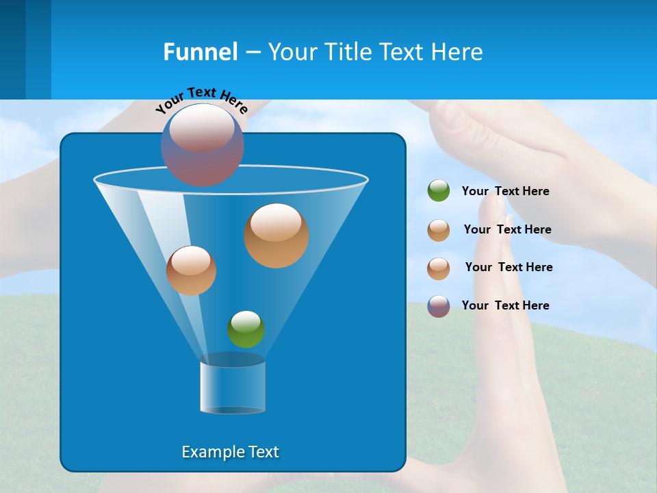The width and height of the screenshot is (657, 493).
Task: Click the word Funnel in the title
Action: point(200,52)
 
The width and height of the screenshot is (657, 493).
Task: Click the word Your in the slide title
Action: point(292,52)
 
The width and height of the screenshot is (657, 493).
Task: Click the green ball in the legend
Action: point(439,191)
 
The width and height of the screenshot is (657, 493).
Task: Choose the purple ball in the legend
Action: point(439,306)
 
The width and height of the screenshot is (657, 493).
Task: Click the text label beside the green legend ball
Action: point(505,192)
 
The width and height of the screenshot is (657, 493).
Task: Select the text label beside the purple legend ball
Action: point(505,305)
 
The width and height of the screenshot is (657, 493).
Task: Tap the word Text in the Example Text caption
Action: point(263,452)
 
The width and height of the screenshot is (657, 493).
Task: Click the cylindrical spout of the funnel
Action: point(233,387)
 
